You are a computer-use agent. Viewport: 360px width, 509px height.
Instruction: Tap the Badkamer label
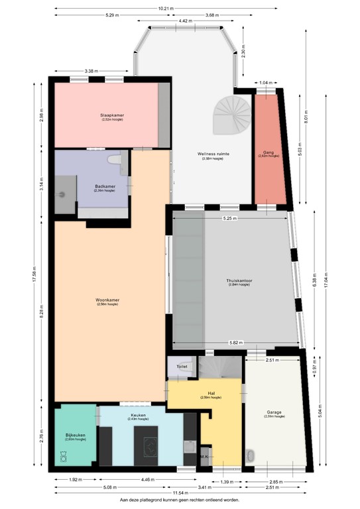click(x=105, y=186)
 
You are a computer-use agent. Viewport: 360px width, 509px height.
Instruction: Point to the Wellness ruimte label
click(x=213, y=154)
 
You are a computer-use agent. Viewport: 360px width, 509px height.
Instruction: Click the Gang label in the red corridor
click(x=269, y=152)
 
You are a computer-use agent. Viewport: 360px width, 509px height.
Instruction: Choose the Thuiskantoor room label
click(x=239, y=280)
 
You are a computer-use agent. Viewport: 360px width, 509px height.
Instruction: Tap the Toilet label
click(x=182, y=366)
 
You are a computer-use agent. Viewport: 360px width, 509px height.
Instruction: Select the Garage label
click(x=276, y=412)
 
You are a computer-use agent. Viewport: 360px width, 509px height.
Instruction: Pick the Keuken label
click(x=138, y=416)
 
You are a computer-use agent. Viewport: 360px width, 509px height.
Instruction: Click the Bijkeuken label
click(x=74, y=436)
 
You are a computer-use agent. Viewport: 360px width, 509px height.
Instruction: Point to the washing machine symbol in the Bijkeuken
click(x=64, y=457)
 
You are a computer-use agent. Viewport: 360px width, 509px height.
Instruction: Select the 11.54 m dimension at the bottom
click(x=180, y=493)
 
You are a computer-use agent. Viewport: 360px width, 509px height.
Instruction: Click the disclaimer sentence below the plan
click(x=180, y=501)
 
